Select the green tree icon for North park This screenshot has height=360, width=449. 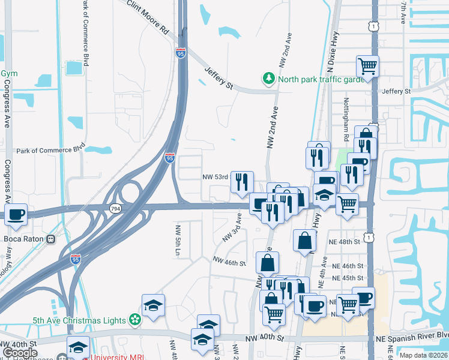267,79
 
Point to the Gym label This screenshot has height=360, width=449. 8,74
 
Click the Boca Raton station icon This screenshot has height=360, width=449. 51,238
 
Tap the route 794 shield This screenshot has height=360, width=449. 114,208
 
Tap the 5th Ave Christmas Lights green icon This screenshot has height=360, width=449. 135,320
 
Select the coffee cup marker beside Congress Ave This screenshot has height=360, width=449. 16,214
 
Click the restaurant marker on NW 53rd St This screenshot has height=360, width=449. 242,181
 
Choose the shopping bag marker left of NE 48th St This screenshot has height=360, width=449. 305,240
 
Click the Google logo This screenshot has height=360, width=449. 20,353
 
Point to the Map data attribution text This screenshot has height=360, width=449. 424,355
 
